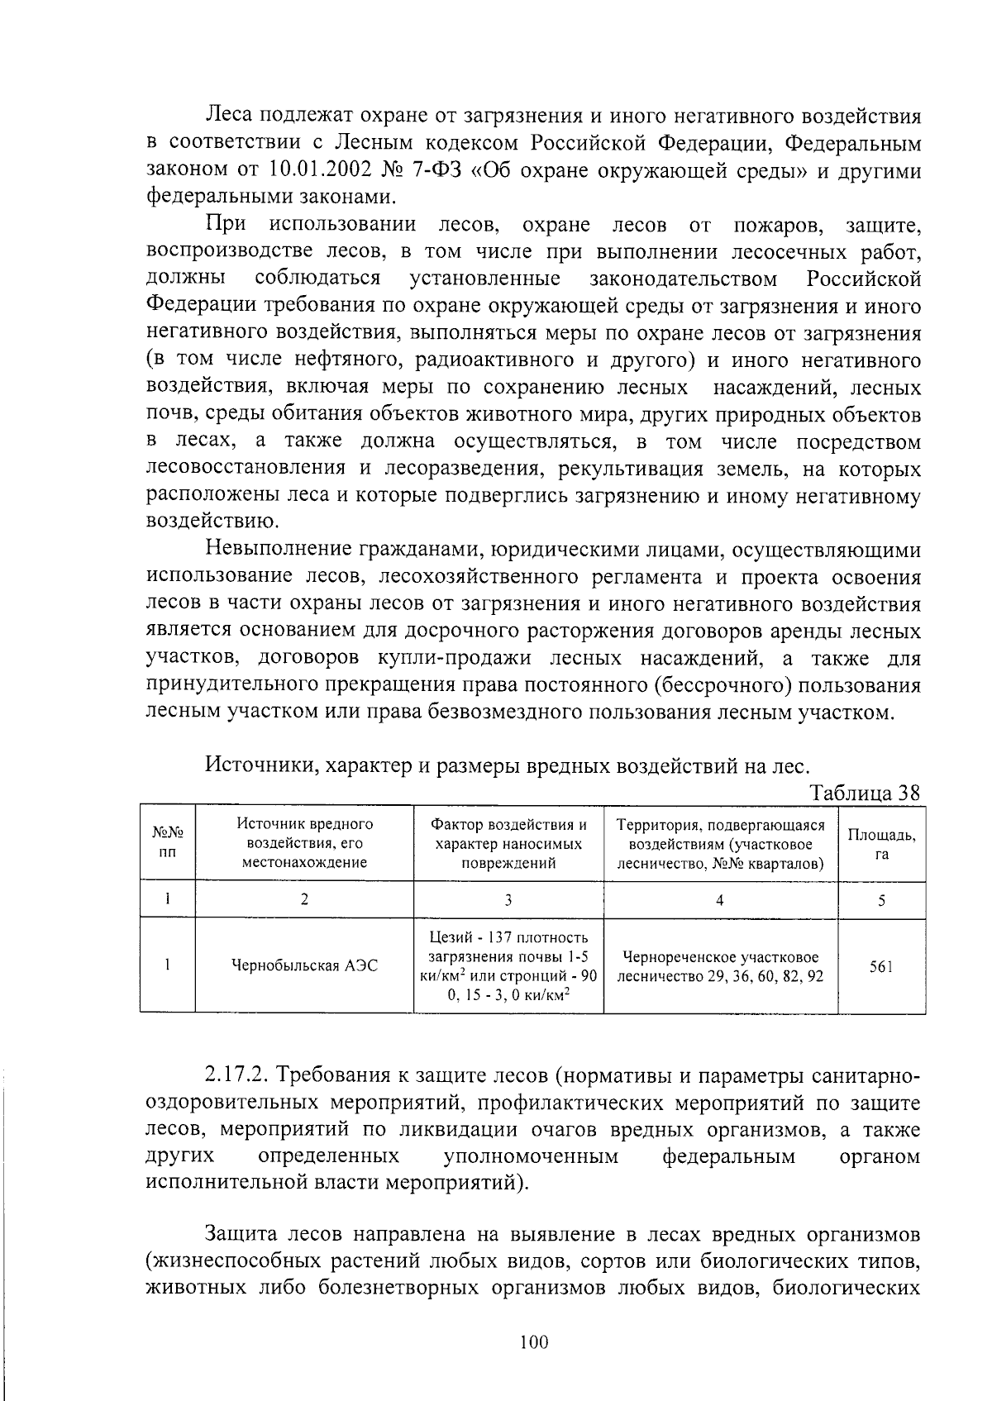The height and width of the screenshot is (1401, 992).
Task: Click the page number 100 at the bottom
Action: pyautogui.click(x=535, y=1342)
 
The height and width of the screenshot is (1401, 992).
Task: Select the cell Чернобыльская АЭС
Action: pyautogui.click(x=305, y=965)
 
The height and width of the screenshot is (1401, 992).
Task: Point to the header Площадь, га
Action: pyautogui.click(x=881, y=844)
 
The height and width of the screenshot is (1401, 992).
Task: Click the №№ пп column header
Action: pyautogui.click(x=168, y=843)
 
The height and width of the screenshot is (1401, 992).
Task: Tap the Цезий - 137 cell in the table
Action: pyautogui.click(x=508, y=965)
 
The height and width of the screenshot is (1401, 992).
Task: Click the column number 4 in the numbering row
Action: pyautogui.click(x=720, y=901)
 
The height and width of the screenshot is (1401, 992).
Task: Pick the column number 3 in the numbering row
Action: pyautogui.click(x=508, y=901)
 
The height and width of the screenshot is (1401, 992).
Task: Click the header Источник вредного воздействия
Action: pyautogui.click(x=305, y=843)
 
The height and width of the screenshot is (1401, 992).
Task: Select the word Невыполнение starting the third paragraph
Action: pyautogui.click(x=279, y=550)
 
